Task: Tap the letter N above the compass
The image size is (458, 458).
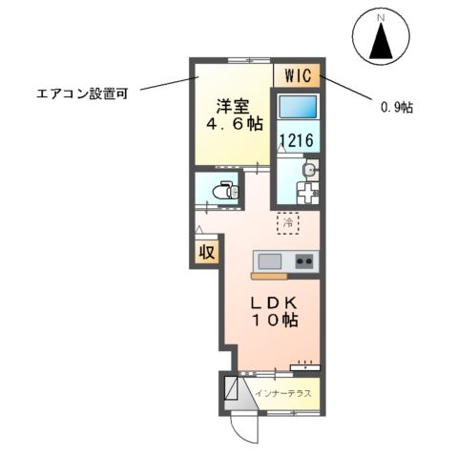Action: [381, 16]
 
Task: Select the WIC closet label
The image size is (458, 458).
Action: [297, 73]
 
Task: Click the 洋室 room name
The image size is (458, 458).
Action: [234, 105]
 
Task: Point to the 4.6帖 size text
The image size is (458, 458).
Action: [233, 125]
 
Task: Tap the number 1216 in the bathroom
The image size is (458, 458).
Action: [297, 141]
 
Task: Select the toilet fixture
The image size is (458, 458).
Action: [222, 190]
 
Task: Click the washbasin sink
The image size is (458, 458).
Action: [308, 170]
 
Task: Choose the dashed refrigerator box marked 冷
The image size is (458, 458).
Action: [287, 222]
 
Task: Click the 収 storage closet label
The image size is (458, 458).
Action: [205, 253]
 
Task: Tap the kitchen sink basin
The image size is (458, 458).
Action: [269, 260]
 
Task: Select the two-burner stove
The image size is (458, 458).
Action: [304, 260]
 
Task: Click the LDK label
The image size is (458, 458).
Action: [275, 302]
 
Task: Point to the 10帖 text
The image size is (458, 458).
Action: [275, 323]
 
